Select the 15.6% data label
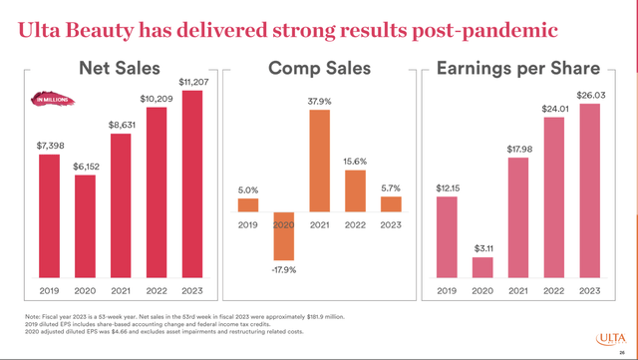coord(355,162)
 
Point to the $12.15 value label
coord(446,186)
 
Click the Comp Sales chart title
coord(318,69)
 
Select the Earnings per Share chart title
coord(518,69)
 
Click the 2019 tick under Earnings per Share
coord(446,291)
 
